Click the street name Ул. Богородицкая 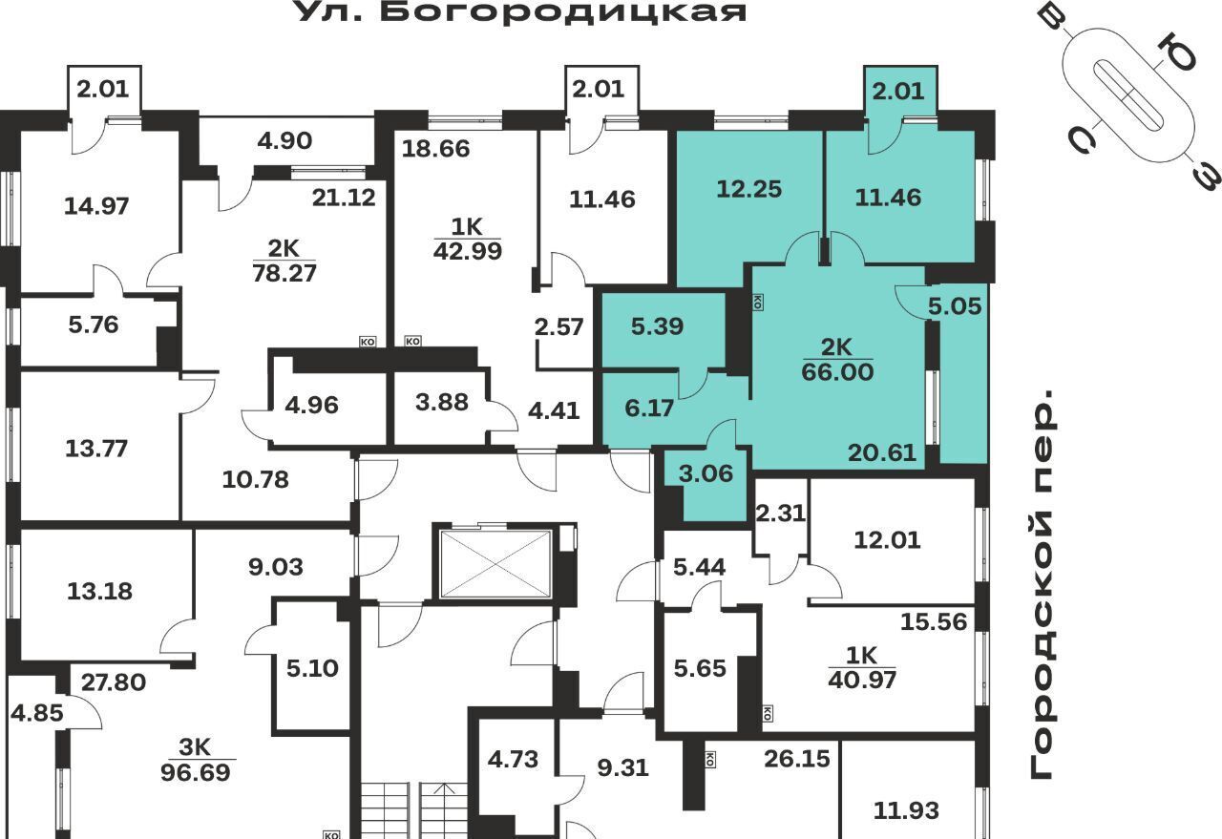tap(522, 11)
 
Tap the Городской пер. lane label tap(1044, 584)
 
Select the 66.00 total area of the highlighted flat tap(837, 372)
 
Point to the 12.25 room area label tap(749, 189)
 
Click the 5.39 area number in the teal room tap(657, 326)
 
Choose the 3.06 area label tap(706, 473)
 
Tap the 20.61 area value tap(882, 452)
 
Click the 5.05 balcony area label tap(955, 306)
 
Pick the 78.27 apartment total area tap(284, 273)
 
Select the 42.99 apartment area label tap(468, 251)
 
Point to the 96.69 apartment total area tap(196, 772)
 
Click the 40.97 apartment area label tap(862, 680)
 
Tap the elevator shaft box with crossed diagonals tap(495, 564)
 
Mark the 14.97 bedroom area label tap(96, 206)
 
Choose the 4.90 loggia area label tap(284, 140)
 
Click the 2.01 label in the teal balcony tap(898, 91)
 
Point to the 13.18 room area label tap(99, 592)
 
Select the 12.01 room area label tap(887, 540)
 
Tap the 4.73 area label tap(513, 760)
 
